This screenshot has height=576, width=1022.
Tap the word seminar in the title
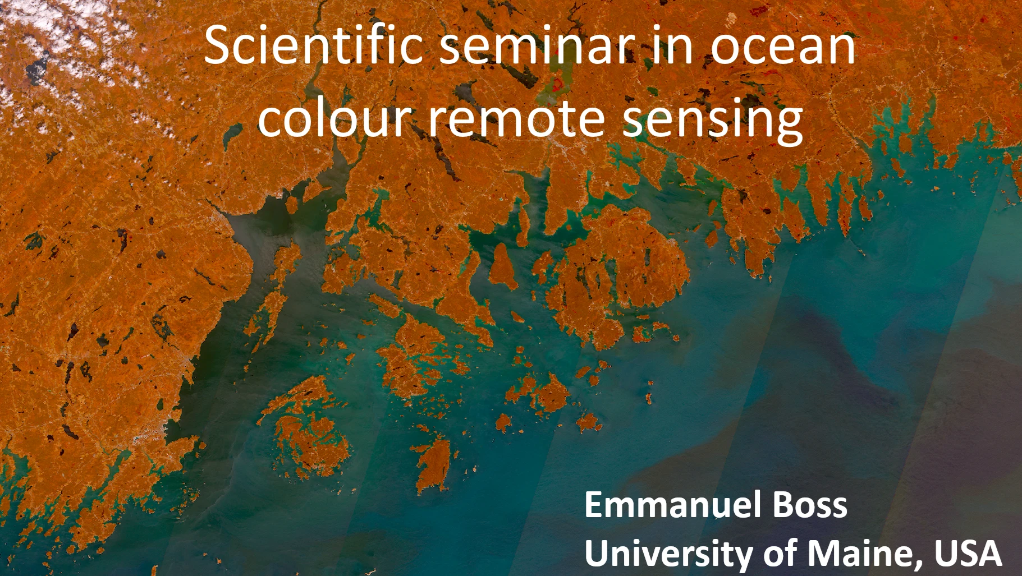tap(537, 46)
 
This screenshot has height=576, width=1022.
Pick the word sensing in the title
tap(713, 121)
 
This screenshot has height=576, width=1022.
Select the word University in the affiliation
tap(669, 554)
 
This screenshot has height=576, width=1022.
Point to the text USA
tap(968, 554)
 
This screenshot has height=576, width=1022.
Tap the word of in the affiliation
tap(780, 553)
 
